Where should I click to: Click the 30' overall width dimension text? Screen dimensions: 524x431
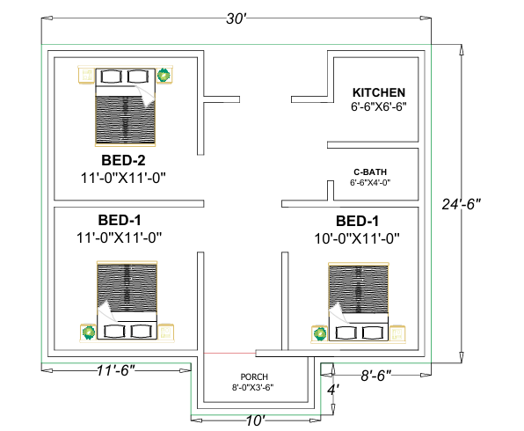(x=237, y=18)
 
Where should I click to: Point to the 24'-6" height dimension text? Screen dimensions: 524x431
(x=462, y=204)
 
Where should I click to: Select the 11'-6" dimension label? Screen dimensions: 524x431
(x=116, y=370)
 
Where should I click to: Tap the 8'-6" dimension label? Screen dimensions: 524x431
(x=376, y=376)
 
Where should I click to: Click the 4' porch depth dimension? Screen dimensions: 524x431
(x=333, y=390)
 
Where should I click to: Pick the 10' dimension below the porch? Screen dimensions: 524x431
(x=256, y=420)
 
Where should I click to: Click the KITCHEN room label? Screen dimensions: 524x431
(x=379, y=92)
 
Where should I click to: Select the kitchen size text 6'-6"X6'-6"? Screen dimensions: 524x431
(x=379, y=106)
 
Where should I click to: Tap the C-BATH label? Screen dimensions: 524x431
(x=370, y=172)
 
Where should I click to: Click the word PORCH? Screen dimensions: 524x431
(x=254, y=376)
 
